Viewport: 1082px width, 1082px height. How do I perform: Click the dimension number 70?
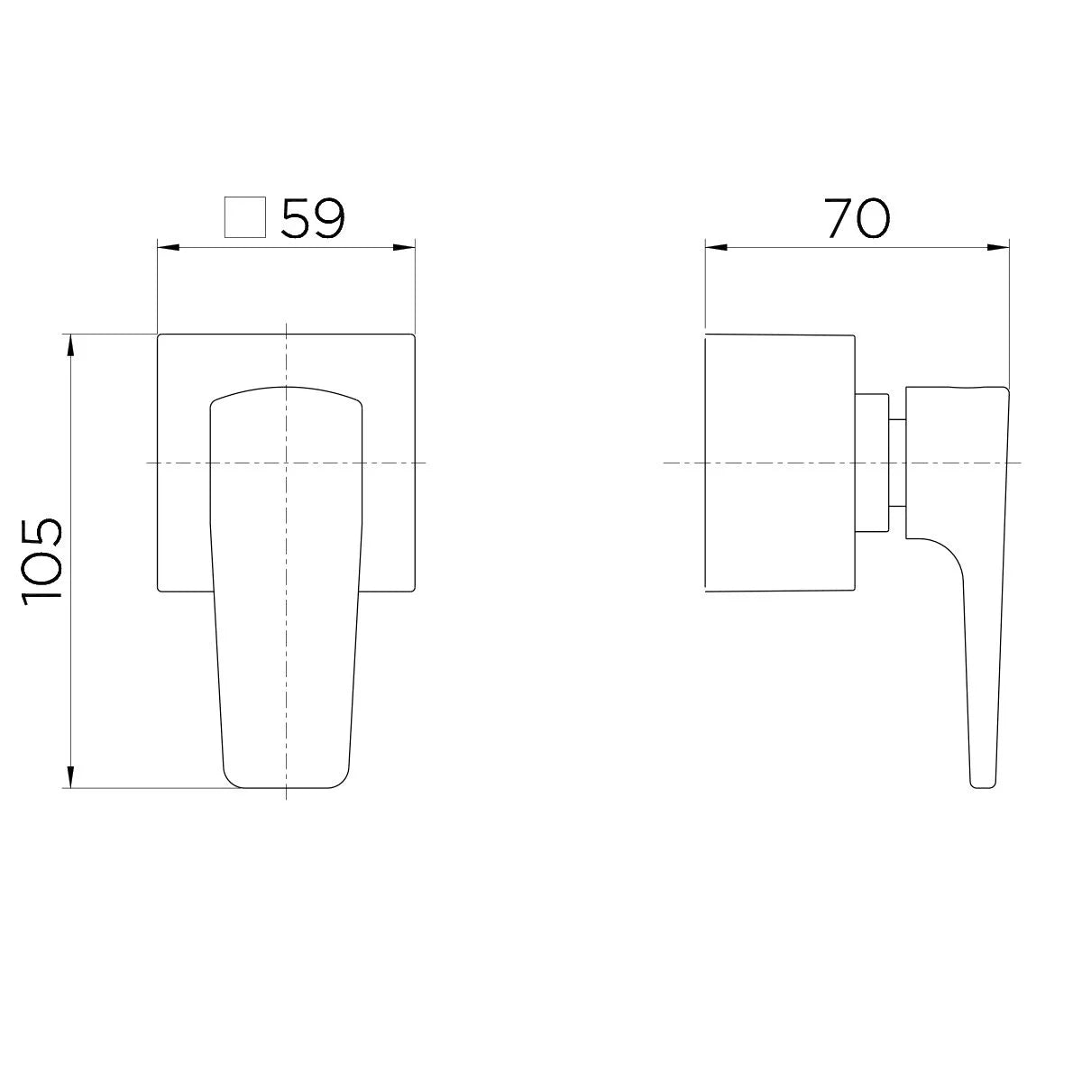click(857, 218)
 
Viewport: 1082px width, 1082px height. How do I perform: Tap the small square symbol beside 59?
click(244, 217)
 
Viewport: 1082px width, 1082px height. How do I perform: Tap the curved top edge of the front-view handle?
click(286, 390)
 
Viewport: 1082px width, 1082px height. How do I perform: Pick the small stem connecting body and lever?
click(896, 463)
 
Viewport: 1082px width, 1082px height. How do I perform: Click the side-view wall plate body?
click(777, 463)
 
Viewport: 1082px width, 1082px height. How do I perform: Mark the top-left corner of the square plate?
click(160, 335)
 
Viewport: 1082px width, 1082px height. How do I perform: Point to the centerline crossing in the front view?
click(286, 463)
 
